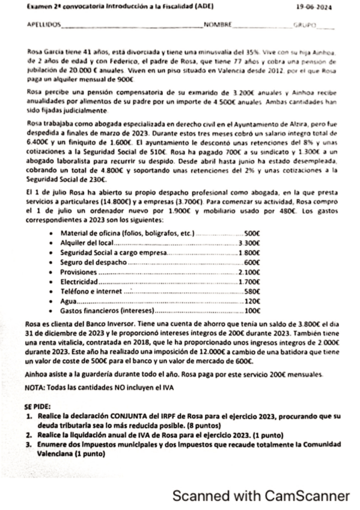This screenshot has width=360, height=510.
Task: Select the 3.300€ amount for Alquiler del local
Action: pos(249,243)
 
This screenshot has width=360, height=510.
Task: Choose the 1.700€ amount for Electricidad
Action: pos(249,282)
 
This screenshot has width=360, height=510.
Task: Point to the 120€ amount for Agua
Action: pos(252,301)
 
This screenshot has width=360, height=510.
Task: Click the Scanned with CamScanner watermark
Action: pos(260,496)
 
